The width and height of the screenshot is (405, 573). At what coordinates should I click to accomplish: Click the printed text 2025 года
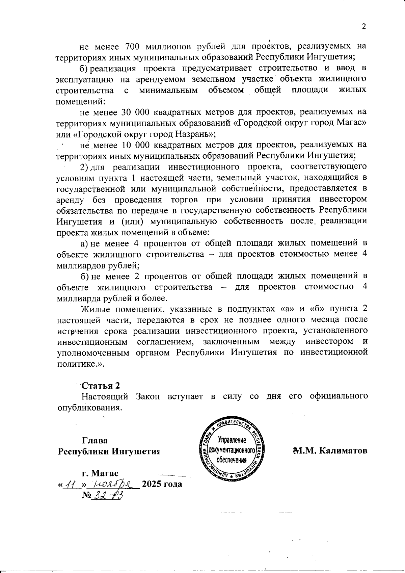[x=162, y=484]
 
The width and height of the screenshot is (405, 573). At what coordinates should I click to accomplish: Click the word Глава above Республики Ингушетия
[x=95, y=441]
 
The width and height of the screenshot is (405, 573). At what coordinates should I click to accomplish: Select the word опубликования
[x=89, y=407]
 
